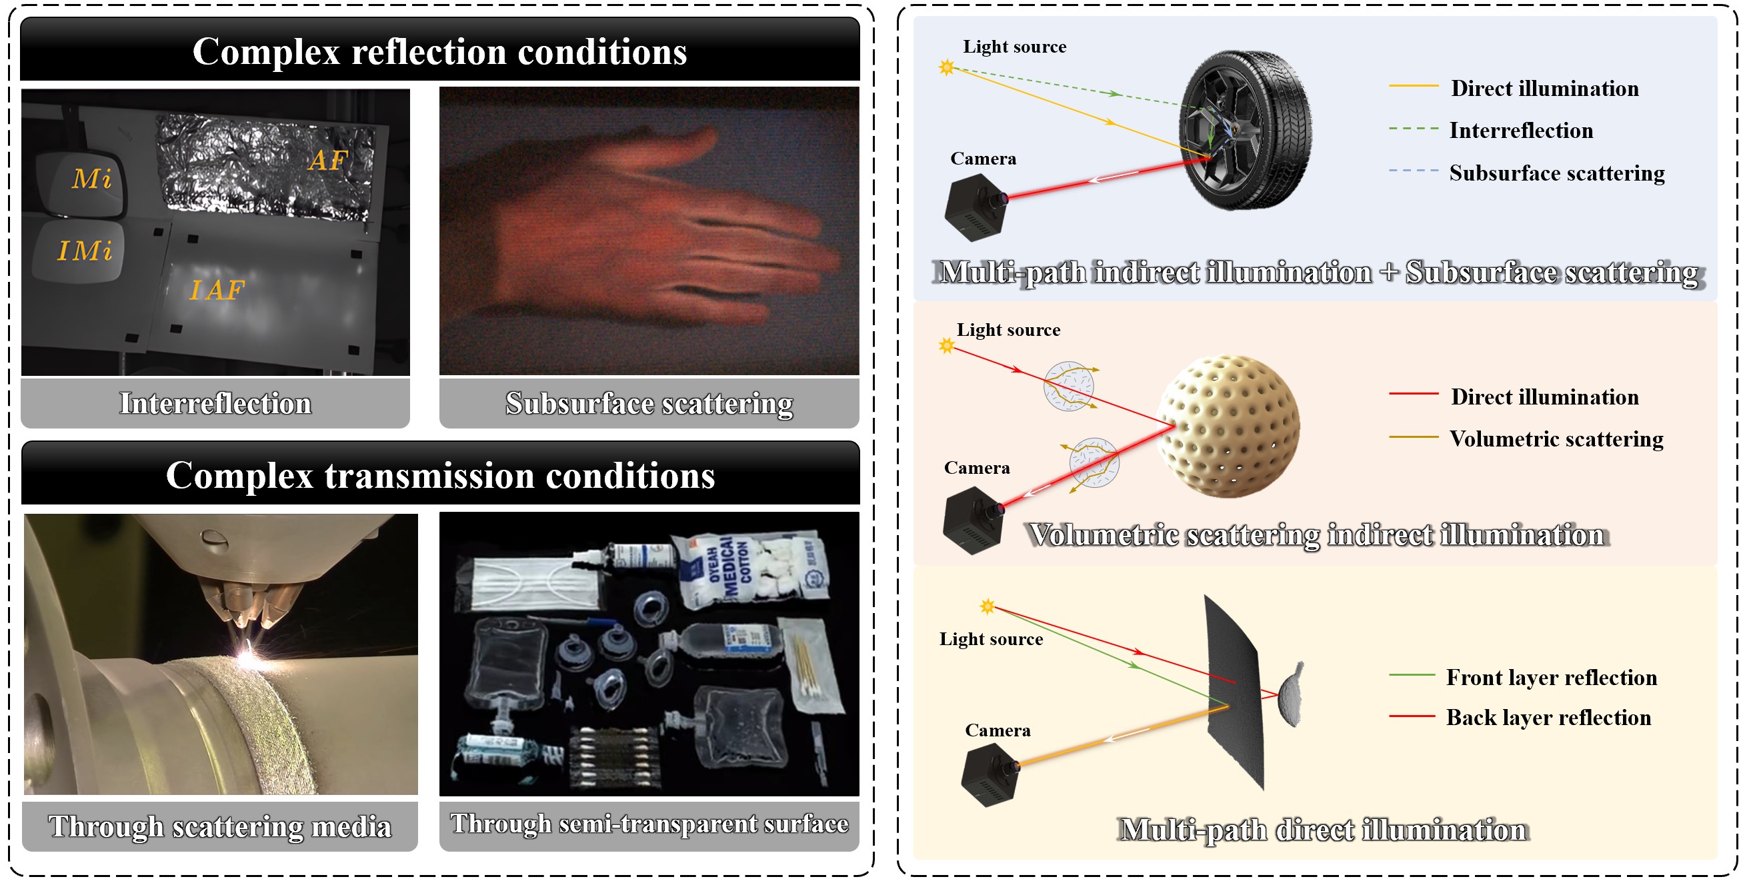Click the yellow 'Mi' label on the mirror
click(x=91, y=179)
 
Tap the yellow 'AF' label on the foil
click(x=329, y=161)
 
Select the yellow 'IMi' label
click(x=85, y=251)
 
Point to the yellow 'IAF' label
click(x=217, y=291)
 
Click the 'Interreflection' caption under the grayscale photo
click(x=215, y=404)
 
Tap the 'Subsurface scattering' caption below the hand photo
click(x=649, y=404)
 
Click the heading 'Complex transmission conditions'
click(x=440, y=474)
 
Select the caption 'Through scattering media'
click(x=219, y=827)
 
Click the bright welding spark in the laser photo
click(x=245, y=656)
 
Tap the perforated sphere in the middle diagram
click(x=1229, y=426)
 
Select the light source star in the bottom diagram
click(x=988, y=606)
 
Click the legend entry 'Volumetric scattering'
click(x=1556, y=439)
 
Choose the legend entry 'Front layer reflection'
click(x=1551, y=677)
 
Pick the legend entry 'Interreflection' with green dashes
click(x=1521, y=130)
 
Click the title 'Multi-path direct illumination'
click(x=1322, y=830)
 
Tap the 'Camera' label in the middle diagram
click(x=977, y=468)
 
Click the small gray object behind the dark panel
click(x=1291, y=695)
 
